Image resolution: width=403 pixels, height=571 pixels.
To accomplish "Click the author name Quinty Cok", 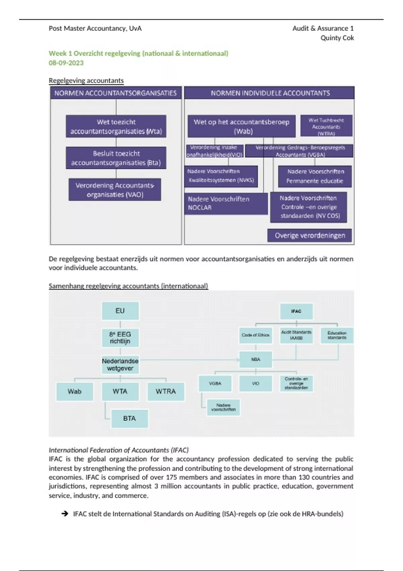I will [337, 38].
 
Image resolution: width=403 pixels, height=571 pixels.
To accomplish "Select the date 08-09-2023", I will [66, 63].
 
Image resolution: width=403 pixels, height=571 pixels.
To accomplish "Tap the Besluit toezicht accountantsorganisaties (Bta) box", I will [116, 158].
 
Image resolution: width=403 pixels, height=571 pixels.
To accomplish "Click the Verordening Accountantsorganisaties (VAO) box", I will [115, 190].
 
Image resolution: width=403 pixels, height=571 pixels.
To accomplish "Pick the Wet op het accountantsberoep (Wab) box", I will [241, 126].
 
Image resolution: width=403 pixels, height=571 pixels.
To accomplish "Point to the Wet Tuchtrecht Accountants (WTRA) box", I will [326, 127].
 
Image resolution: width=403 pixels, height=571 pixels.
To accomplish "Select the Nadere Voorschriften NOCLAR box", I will [226, 203].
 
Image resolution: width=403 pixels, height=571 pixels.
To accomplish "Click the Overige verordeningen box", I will [310, 235].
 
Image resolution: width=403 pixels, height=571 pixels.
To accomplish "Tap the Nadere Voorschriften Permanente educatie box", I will [315, 176].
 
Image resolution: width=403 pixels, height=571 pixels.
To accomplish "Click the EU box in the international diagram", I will [120, 311].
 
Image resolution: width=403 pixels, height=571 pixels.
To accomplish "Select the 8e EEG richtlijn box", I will [120, 338].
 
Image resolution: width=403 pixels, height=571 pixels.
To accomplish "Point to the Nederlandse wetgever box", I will [120, 364].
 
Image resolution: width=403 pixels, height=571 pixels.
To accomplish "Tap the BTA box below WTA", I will [129, 419].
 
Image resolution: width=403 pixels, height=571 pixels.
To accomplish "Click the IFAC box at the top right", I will [296, 311].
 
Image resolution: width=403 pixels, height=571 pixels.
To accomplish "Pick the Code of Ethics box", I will [256, 335].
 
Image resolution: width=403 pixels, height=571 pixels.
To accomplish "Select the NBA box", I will [256, 359].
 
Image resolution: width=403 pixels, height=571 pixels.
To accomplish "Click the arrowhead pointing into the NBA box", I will [237, 360].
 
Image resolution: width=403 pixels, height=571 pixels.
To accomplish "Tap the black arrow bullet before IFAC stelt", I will [65, 514].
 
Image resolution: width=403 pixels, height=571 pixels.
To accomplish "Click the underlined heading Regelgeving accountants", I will [86, 81].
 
